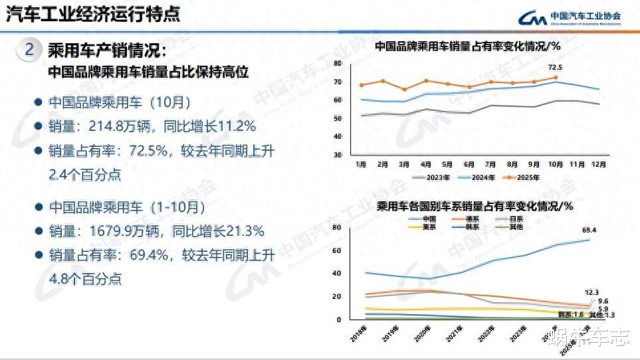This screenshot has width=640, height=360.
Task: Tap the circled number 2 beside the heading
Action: click(x=28, y=50)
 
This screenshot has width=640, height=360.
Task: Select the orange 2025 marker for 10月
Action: click(x=555, y=78)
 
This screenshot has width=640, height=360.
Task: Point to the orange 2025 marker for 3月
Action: click(x=404, y=90)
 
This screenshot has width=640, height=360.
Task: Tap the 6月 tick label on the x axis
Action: click(x=469, y=164)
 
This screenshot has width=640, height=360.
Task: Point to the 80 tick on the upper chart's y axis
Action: click(x=338, y=64)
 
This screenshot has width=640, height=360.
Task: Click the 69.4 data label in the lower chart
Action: click(x=589, y=230)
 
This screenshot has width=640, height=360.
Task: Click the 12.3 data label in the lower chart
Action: click(x=591, y=292)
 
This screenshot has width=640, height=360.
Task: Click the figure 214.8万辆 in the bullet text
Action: click(x=108, y=127)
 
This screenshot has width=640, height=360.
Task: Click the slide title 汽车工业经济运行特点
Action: click(x=92, y=15)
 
